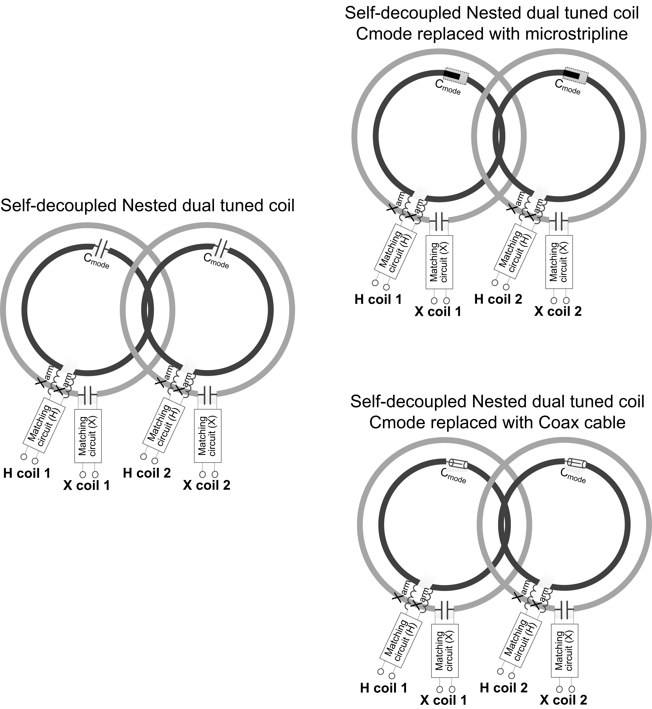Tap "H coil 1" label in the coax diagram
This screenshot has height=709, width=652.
point(383,688)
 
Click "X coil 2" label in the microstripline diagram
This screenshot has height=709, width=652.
point(558,311)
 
